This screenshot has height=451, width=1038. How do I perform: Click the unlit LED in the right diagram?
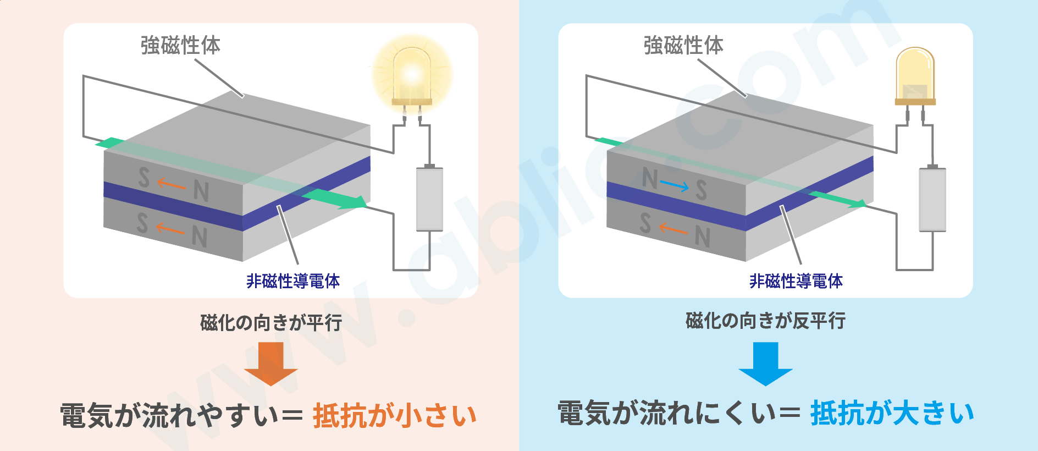(915, 77)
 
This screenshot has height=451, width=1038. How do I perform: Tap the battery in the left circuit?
(429, 198)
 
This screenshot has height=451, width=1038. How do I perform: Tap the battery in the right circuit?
(932, 198)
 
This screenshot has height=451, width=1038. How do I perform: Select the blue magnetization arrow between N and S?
(674, 186)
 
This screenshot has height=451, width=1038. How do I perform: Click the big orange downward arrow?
(270, 364)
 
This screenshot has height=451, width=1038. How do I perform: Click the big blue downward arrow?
(765, 364)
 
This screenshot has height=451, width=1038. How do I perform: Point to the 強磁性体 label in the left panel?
(180, 45)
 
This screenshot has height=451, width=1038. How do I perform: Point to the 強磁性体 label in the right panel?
(683, 45)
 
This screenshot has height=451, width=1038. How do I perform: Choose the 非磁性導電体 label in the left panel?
(293, 281)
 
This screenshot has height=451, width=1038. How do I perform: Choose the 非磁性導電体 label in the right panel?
(796, 281)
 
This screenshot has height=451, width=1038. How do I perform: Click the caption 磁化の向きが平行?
(271, 322)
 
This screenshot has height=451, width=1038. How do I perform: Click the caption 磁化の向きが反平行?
(765, 320)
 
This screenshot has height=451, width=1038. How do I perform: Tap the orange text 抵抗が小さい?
(395, 415)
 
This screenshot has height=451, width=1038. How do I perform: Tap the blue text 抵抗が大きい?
(892, 413)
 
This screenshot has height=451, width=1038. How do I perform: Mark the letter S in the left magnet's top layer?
(143, 177)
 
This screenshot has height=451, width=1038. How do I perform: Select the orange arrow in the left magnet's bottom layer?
(170, 228)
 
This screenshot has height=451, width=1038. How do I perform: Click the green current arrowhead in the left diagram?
(352, 202)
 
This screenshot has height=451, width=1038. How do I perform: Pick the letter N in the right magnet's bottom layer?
(702, 237)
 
